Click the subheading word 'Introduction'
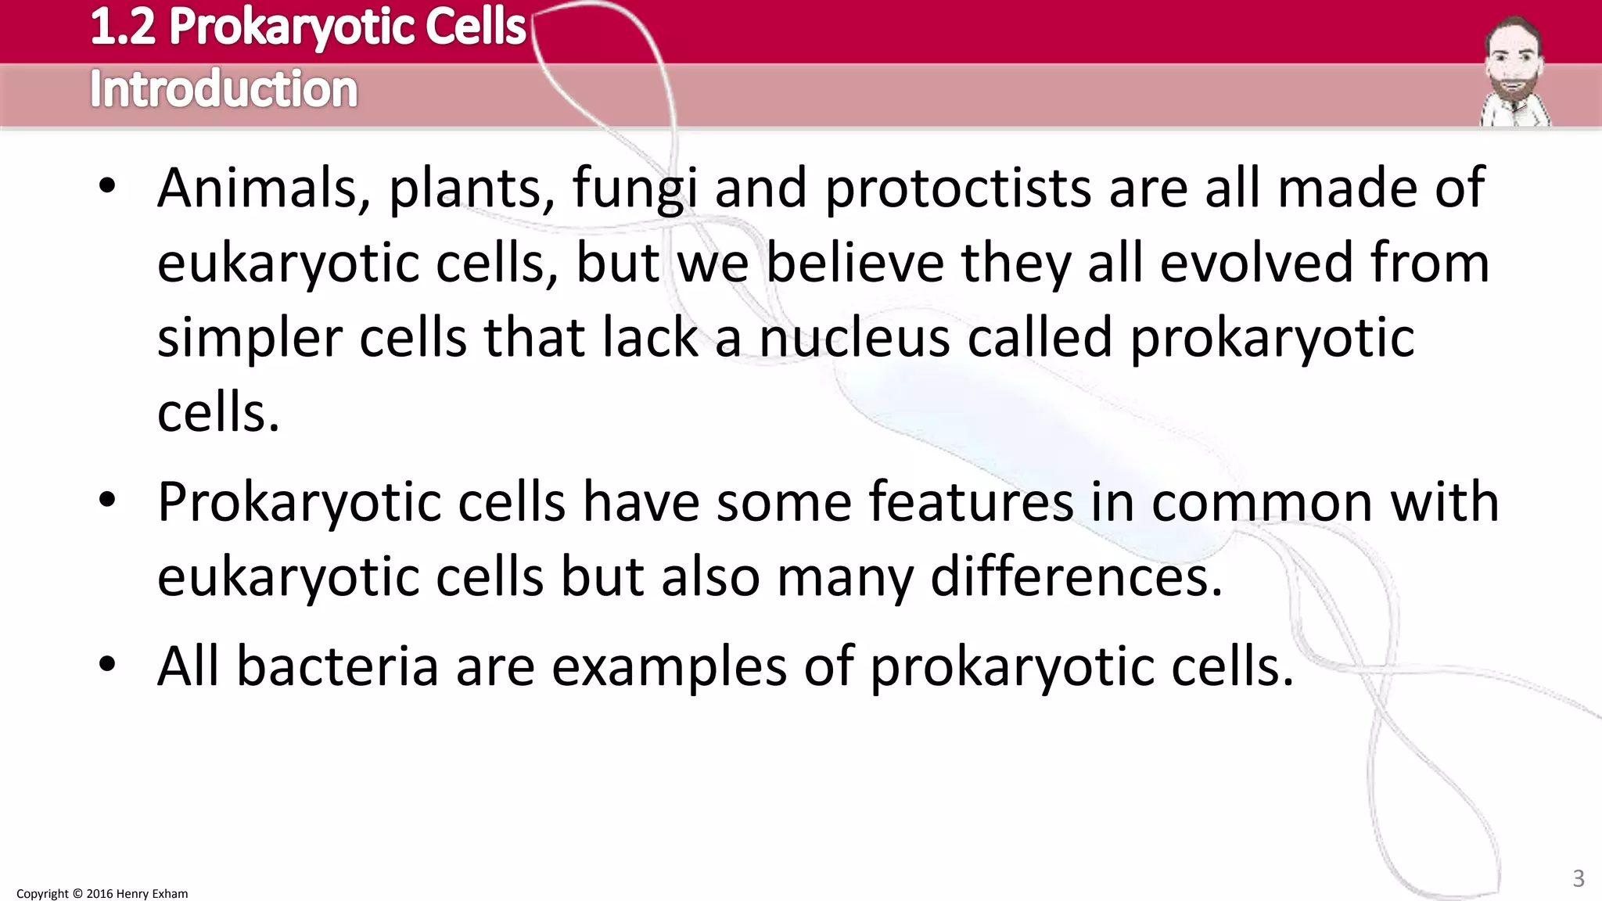tap(224, 89)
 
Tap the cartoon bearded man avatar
tap(1514, 72)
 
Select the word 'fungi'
tap(634, 189)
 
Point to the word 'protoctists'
tap(958, 189)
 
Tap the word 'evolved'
tap(1255, 264)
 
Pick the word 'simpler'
tap(250, 339)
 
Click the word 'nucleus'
tap(854, 339)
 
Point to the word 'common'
tap(1261, 502)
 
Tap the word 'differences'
tap(1076, 577)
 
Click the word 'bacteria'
tap(337, 667)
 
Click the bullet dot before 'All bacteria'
tap(108, 666)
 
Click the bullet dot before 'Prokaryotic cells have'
tap(108, 501)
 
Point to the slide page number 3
tap(1579, 878)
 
